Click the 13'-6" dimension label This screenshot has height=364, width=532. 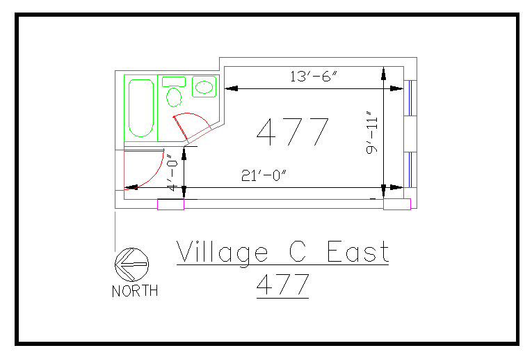point(313,77)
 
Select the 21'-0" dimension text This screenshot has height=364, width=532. point(264,177)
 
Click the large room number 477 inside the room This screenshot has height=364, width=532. point(292,132)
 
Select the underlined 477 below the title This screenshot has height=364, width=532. point(282,285)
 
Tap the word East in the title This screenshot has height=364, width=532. point(358,252)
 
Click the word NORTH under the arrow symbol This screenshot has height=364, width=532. point(135,291)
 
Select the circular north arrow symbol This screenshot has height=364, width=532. point(131,264)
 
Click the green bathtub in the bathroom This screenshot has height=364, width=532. point(141,108)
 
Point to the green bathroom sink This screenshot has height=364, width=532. point(203,87)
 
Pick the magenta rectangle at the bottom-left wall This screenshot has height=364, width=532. point(170,204)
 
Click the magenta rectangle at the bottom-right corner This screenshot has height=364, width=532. point(397,204)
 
